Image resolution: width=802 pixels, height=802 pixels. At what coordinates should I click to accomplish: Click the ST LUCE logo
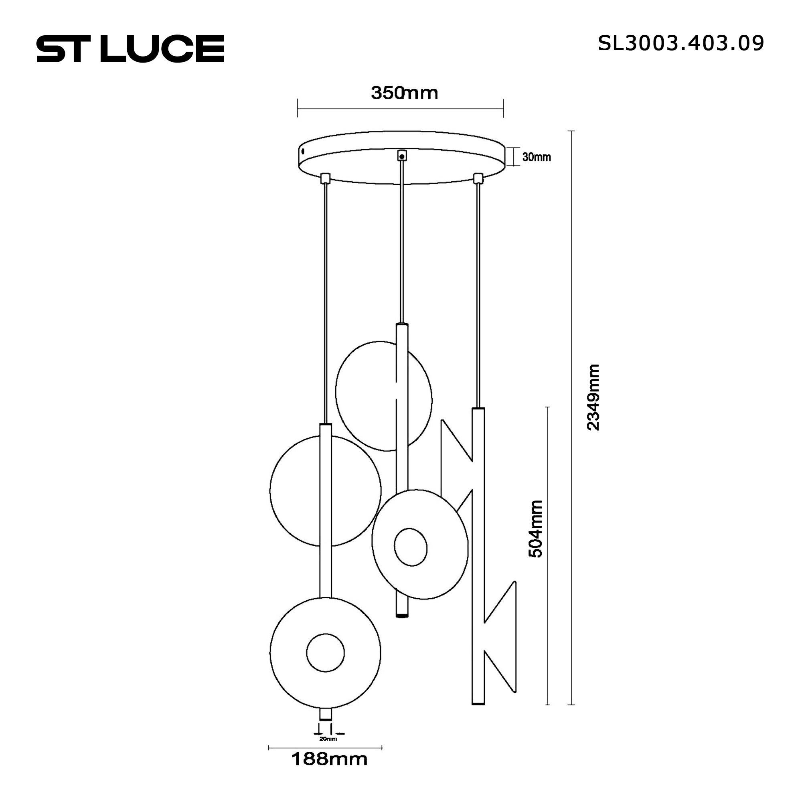[x=130, y=49]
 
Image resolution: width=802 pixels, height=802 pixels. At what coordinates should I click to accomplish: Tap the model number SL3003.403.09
[x=680, y=43]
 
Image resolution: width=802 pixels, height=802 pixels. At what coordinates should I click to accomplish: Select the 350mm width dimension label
[x=404, y=93]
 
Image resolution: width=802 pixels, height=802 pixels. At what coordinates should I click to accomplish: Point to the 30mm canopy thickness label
[x=536, y=157]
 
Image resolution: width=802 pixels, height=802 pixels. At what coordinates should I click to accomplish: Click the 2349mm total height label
[x=593, y=397]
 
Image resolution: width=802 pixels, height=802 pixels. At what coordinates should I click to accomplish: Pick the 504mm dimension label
[x=535, y=529]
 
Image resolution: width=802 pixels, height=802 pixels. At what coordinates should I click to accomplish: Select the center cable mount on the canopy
[x=401, y=156]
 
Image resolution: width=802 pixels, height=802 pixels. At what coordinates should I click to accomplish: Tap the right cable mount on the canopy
[x=479, y=178]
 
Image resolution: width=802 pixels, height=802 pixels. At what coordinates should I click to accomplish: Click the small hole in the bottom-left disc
[x=326, y=652]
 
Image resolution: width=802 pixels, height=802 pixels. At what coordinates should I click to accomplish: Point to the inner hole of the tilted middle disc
[x=411, y=547]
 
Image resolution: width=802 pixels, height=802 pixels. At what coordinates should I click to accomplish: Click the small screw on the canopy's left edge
[x=303, y=152]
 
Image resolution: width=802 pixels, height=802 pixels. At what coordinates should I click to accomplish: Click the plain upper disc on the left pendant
[x=299, y=490]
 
